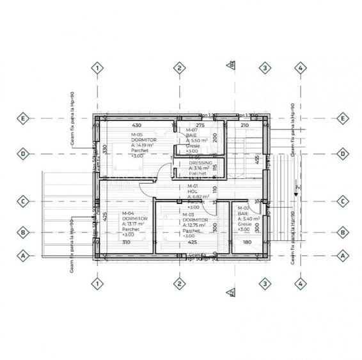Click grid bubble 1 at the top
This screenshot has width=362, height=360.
point(97,68)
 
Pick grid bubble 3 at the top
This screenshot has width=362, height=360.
point(264,68)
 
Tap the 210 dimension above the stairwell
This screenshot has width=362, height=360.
point(244,126)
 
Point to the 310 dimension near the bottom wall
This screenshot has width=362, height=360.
point(126,242)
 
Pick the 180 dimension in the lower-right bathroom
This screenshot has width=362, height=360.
point(247,242)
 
